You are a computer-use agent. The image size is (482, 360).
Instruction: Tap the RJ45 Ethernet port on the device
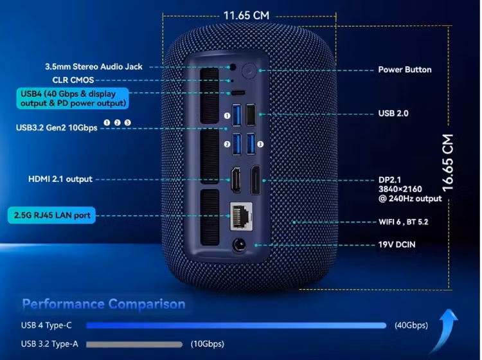(x=240, y=214)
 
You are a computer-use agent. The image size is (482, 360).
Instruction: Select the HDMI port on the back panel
(x=236, y=179)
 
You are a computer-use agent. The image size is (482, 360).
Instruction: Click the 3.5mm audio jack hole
(x=234, y=67)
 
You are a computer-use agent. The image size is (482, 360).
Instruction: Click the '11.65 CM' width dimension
(x=245, y=15)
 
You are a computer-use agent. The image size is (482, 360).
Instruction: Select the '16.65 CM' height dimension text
(x=448, y=163)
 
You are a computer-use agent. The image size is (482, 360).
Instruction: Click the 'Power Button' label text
(x=404, y=69)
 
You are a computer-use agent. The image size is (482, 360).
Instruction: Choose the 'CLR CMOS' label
(x=71, y=80)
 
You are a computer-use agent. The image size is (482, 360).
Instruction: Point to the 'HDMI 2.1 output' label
(x=60, y=179)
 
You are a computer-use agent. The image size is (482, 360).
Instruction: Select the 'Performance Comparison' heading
(x=103, y=303)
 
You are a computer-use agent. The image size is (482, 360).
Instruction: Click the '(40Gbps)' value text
(x=411, y=325)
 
